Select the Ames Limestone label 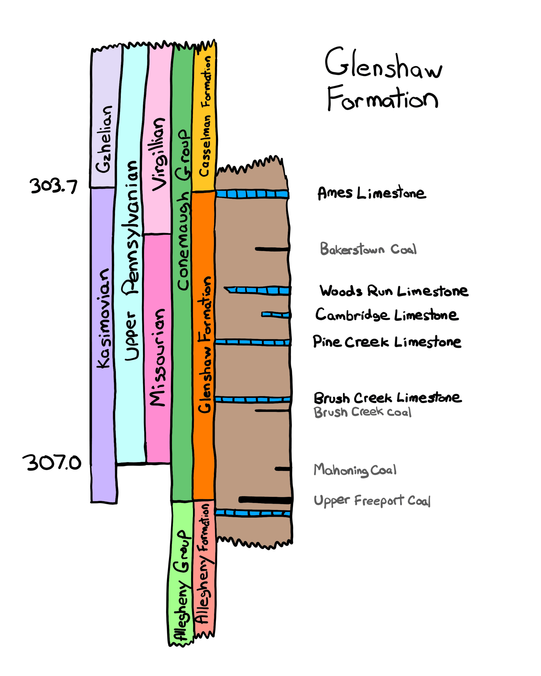[x=372, y=193]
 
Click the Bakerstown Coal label [x=368, y=249]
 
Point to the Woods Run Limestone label [x=394, y=291]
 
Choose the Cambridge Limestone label [x=387, y=315]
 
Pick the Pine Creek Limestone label [x=387, y=342]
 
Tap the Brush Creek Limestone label [x=387, y=398]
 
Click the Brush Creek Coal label [x=362, y=412]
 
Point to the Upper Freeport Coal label [x=372, y=501]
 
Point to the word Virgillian [x=159, y=154]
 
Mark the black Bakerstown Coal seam [x=272, y=249]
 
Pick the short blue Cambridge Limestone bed [x=276, y=315]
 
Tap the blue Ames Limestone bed [x=252, y=194]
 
